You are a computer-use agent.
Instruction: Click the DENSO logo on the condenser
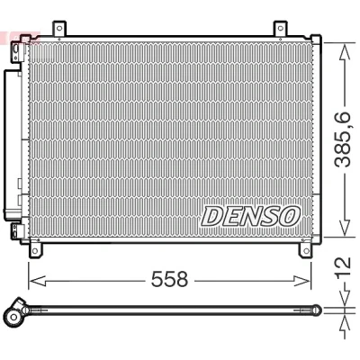(x=250, y=216)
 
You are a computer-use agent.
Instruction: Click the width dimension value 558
(x=169, y=279)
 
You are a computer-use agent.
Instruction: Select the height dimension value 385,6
(x=343, y=139)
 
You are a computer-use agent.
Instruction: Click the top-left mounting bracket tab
(x=59, y=29)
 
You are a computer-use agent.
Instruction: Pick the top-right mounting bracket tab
(x=281, y=29)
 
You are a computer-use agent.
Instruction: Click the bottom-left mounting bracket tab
(x=36, y=249)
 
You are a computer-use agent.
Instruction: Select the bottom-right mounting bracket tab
(x=306, y=249)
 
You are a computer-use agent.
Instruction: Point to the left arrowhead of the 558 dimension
(x=37, y=281)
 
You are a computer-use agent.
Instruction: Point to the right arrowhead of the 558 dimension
(x=302, y=281)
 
